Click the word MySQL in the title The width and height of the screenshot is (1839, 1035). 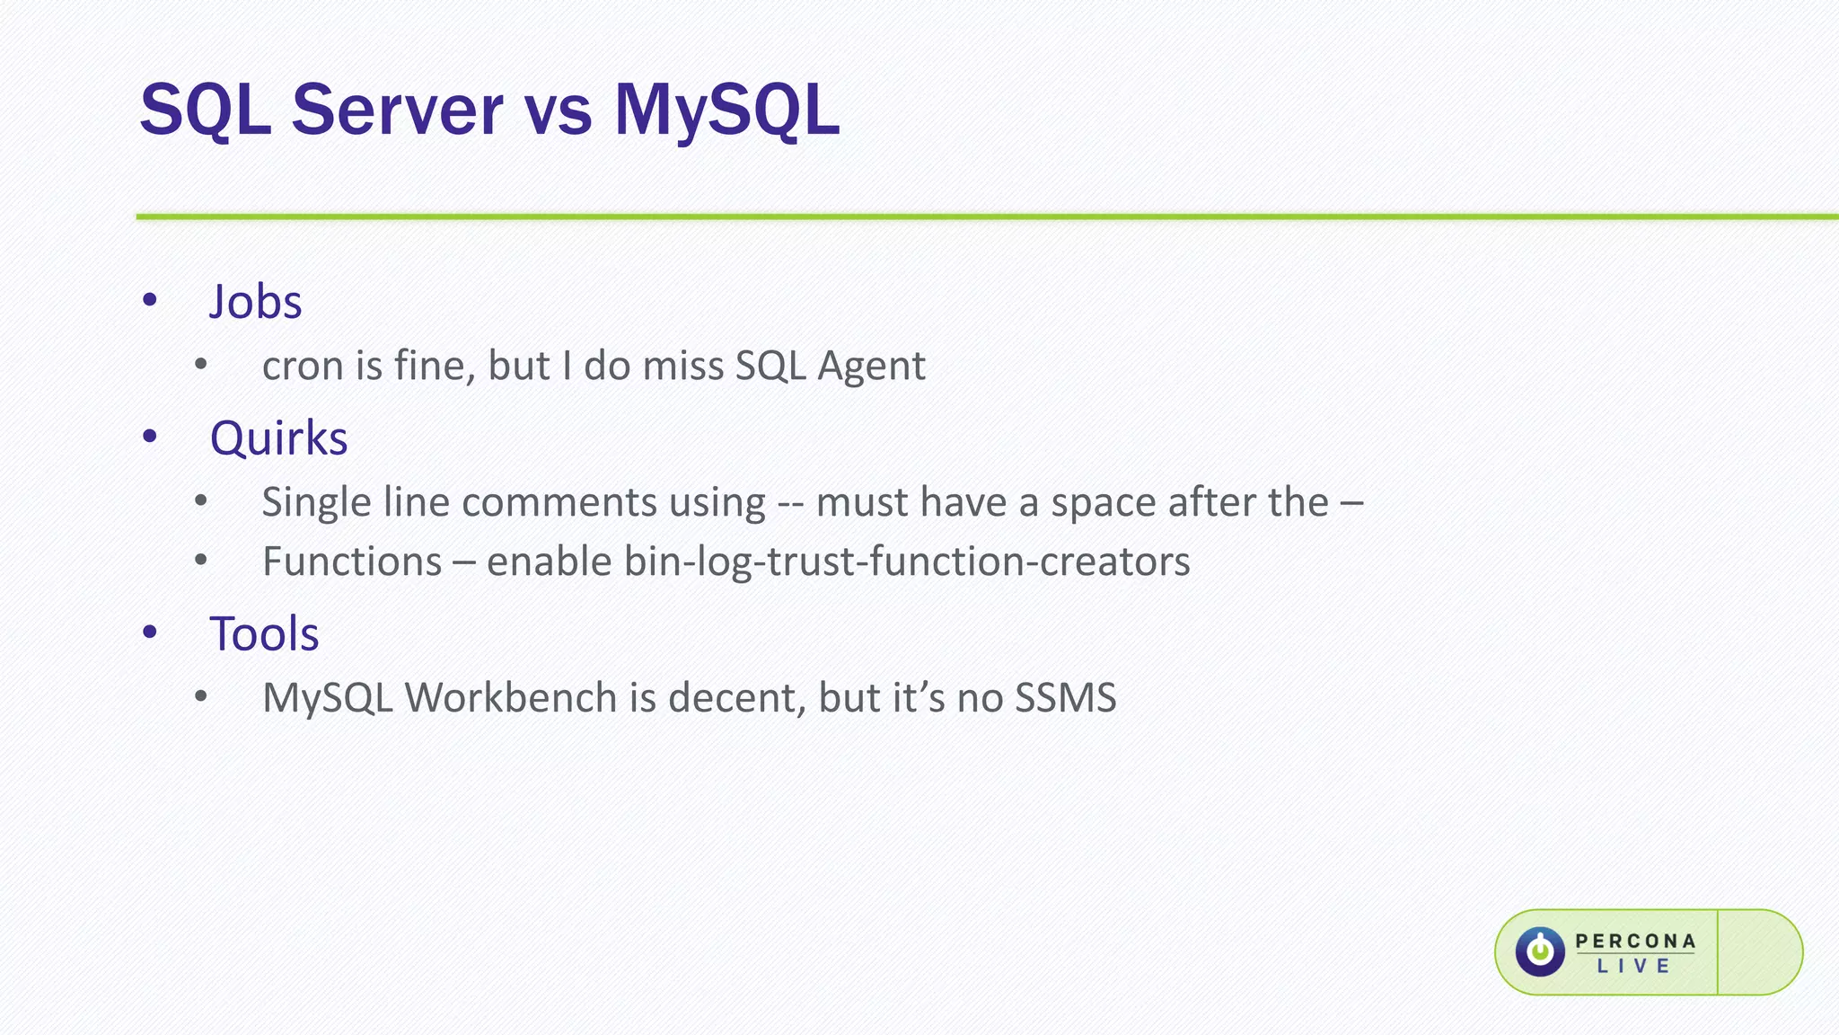726,111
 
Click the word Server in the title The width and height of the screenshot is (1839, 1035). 397,111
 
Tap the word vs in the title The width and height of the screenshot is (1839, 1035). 558,115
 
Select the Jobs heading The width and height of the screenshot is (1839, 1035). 255,302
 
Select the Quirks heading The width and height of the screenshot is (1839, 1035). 278,438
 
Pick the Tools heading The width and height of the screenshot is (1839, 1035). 264,634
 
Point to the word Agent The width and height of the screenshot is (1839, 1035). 871,367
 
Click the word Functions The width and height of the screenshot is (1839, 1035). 352,562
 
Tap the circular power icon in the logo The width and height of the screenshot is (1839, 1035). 1540,951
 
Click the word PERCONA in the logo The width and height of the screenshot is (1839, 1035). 1635,941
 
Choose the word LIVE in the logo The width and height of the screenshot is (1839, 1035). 1633,967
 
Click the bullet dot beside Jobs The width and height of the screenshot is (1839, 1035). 150,300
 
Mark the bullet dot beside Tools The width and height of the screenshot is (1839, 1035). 150,632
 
